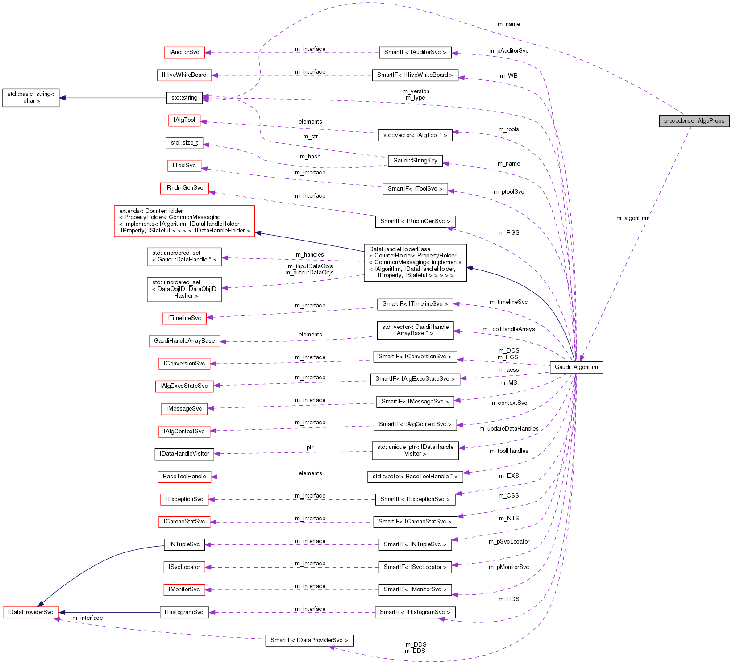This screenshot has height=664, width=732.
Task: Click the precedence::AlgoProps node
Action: [694, 121]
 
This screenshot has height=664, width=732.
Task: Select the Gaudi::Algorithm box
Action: [576, 367]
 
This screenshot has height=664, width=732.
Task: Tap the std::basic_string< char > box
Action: [31, 98]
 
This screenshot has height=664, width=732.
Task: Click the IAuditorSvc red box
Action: [184, 52]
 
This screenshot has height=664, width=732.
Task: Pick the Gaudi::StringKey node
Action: [415, 161]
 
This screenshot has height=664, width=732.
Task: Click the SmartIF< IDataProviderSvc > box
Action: [309, 640]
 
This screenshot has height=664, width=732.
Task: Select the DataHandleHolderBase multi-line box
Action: [415, 262]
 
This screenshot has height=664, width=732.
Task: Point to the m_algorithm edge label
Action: [632, 218]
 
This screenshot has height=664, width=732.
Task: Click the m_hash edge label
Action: [310, 157]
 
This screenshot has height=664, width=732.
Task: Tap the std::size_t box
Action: [184, 143]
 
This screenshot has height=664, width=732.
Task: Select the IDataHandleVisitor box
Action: [184, 454]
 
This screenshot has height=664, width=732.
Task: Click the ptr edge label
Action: [310, 448]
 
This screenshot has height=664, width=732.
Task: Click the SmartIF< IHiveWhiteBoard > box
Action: [415, 75]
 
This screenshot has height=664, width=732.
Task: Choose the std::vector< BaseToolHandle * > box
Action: [415, 477]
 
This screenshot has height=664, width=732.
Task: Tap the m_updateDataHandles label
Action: [509, 429]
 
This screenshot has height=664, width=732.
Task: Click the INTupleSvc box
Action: [184, 544]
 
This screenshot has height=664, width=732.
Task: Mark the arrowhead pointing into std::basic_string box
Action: [63, 98]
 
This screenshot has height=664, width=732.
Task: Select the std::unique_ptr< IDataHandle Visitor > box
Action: [415, 450]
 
